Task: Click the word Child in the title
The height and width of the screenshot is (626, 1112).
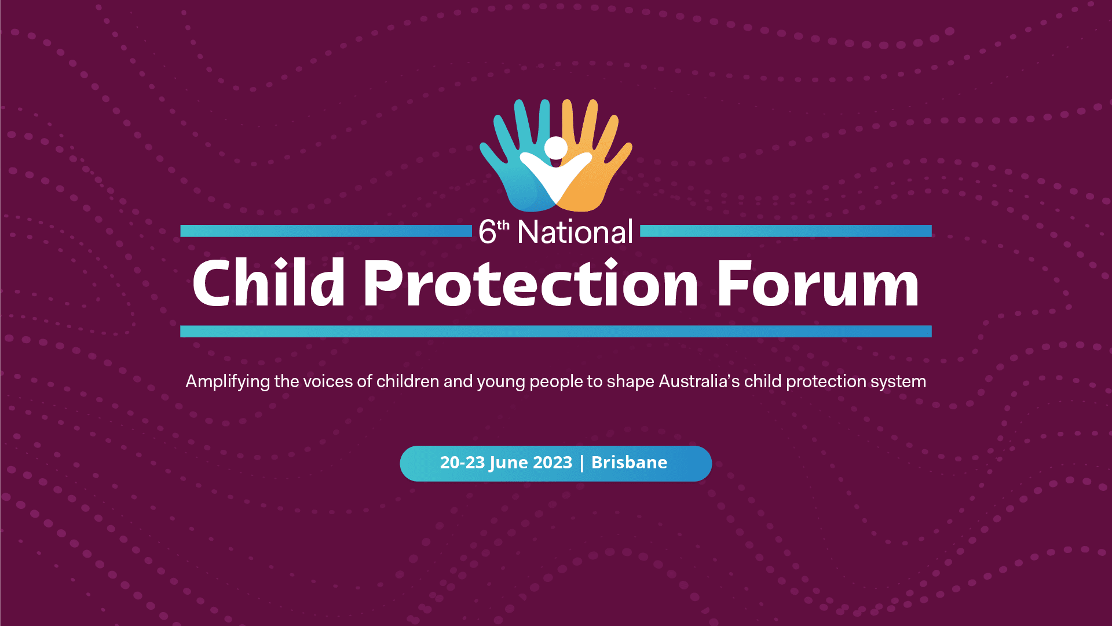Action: [269, 282]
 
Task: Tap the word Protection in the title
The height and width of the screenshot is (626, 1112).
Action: [531, 282]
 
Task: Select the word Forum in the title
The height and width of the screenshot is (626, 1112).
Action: [818, 283]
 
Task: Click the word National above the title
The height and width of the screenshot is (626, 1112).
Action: [575, 232]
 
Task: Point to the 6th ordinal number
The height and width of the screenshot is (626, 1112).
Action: [494, 232]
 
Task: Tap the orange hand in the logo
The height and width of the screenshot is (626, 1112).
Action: [594, 162]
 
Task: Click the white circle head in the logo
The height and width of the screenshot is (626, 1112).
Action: [556, 148]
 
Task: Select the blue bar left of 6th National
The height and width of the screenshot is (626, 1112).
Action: [326, 231]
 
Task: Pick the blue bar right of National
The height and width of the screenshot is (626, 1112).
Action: [786, 231]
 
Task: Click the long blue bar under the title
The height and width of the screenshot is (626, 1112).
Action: [556, 331]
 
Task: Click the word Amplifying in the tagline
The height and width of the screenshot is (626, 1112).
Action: [228, 382]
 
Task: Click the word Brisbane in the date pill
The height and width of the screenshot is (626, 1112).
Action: [629, 463]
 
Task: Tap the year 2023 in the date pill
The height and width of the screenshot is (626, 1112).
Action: [553, 463]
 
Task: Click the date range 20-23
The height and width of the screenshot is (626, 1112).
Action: [462, 463]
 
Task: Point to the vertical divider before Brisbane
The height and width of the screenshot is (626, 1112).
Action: [582, 463]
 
